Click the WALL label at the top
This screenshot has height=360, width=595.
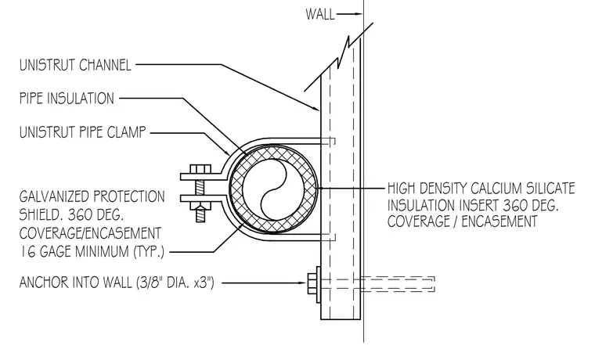pyautogui.click(x=320, y=14)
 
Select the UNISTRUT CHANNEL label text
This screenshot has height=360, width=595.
pyautogui.click(x=75, y=65)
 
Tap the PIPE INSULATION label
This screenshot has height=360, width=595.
pyautogui.click(x=67, y=99)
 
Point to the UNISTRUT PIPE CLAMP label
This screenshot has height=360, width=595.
pyautogui.click(x=83, y=132)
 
